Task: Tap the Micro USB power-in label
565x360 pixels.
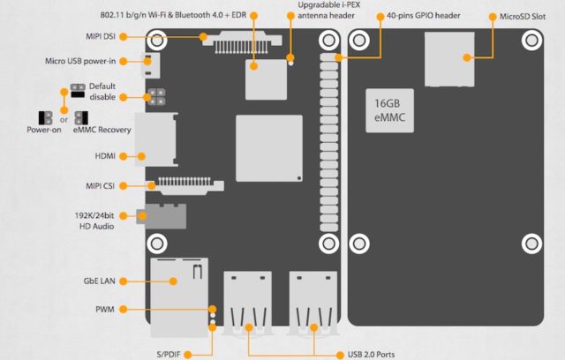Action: [x=81, y=62]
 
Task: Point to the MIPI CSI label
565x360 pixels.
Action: [x=96, y=185]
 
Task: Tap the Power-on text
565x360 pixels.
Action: [x=44, y=131]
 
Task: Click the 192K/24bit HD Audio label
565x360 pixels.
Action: [x=95, y=220]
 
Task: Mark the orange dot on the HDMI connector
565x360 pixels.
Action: [x=139, y=156]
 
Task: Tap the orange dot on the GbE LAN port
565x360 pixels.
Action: [x=173, y=281]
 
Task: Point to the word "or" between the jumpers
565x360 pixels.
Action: [x=64, y=117]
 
